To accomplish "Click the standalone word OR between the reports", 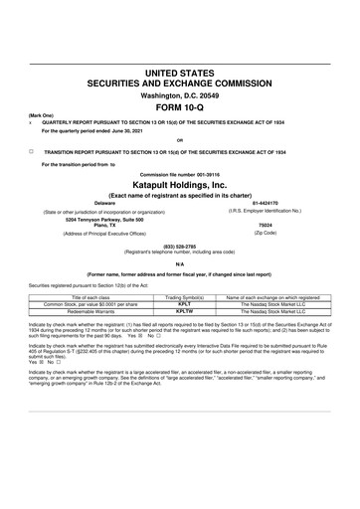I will click(x=179, y=140).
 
